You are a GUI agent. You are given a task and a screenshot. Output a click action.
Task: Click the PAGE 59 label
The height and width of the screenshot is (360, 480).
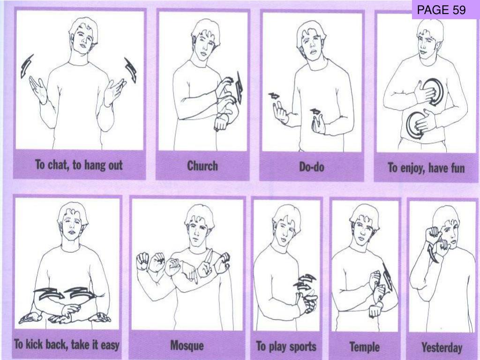[x=441, y=10]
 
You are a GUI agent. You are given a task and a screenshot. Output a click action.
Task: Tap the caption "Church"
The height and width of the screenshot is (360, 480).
[x=202, y=166]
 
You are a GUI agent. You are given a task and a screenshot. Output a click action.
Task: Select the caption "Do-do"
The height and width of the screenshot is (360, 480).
[x=312, y=167]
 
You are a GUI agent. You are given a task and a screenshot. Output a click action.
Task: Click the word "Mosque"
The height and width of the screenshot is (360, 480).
[x=187, y=345]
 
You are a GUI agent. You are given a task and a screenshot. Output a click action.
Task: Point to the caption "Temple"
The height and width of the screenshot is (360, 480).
[x=365, y=347]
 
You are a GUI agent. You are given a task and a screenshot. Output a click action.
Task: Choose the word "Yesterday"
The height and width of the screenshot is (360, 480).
[x=442, y=348]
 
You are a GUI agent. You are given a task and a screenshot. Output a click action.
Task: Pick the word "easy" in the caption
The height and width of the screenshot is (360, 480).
[x=110, y=345]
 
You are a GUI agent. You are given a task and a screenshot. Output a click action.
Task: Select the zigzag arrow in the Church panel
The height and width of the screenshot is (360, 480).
[x=240, y=88]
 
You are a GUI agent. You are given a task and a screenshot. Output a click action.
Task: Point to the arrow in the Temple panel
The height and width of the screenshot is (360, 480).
[x=387, y=277]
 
